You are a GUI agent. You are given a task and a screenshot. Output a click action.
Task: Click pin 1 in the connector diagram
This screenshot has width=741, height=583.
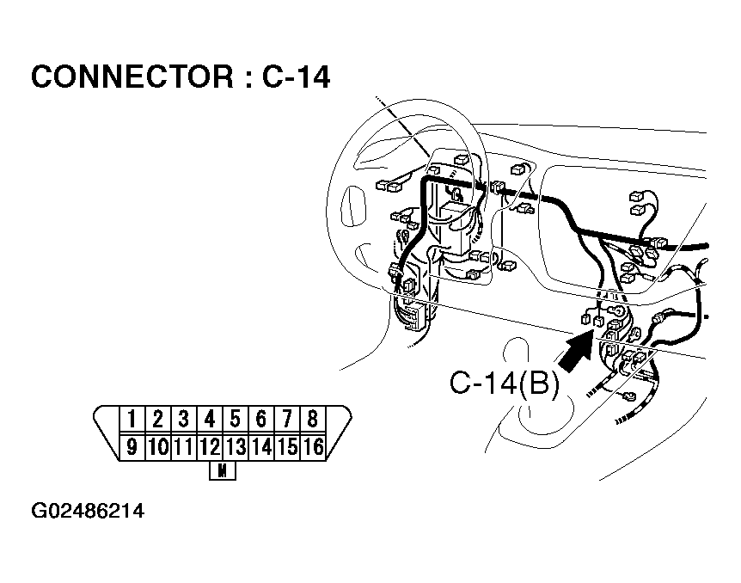(x=132, y=420)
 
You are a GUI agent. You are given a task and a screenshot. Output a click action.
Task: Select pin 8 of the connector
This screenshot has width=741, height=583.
(x=313, y=420)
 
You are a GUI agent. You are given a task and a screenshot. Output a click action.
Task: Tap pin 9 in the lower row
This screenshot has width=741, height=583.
(x=132, y=446)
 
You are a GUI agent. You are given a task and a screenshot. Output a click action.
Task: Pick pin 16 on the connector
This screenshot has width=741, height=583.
(x=313, y=446)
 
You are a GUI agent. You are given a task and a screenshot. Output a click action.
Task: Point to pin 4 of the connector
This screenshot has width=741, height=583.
(x=210, y=420)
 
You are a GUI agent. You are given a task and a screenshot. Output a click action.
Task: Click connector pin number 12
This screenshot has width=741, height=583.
(x=210, y=446)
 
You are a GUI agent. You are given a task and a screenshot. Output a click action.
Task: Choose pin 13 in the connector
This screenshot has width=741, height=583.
(x=236, y=446)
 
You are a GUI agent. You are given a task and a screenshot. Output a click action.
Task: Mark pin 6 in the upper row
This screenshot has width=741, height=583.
(x=261, y=420)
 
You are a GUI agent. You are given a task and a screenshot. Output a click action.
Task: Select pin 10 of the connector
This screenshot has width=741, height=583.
(x=157, y=446)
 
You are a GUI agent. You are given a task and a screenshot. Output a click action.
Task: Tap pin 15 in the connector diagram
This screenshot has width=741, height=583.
(x=287, y=446)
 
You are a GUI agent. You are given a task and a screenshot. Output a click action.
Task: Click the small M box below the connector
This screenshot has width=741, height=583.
(x=223, y=471)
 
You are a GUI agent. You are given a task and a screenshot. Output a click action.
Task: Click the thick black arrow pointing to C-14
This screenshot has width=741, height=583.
(x=573, y=349)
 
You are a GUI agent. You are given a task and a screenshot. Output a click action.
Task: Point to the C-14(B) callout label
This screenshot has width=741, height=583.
(x=504, y=384)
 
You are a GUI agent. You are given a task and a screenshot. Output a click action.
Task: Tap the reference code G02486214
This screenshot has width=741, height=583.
(x=88, y=512)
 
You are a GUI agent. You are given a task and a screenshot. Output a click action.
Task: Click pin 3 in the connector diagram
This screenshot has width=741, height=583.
(x=183, y=420)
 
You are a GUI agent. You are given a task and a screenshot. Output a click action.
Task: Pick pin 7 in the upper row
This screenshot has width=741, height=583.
(x=287, y=420)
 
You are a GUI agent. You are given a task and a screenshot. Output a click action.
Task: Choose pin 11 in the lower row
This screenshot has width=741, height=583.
(x=183, y=446)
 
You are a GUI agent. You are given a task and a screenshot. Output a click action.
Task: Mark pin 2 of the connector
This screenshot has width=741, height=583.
(x=157, y=420)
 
